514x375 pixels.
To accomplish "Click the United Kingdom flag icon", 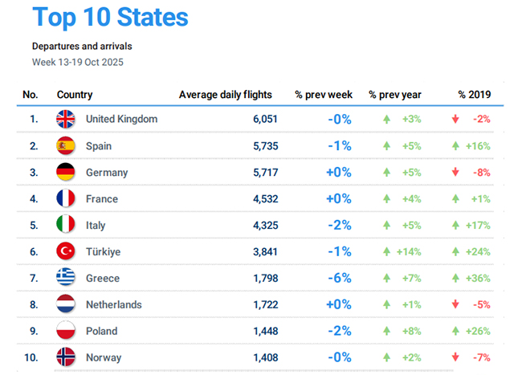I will click(x=66, y=120).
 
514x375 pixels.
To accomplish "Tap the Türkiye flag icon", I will click(x=66, y=252).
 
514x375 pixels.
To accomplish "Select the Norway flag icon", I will click(x=66, y=357).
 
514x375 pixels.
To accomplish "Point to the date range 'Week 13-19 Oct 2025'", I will click(x=78, y=62).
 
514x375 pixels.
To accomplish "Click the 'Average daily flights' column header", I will click(x=226, y=96).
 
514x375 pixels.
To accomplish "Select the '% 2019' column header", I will click(x=474, y=96).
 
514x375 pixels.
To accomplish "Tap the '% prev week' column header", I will click(x=323, y=96).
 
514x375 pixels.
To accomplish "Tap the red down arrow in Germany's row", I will click(x=456, y=173).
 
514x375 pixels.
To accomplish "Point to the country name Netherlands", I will click(x=113, y=305).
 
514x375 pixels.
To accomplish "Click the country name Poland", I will click(x=101, y=331).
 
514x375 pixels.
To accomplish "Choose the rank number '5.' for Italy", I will click(x=34, y=226).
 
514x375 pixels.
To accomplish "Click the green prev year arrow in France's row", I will click(x=387, y=199).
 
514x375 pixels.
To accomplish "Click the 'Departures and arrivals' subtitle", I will click(x=82, y=47).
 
